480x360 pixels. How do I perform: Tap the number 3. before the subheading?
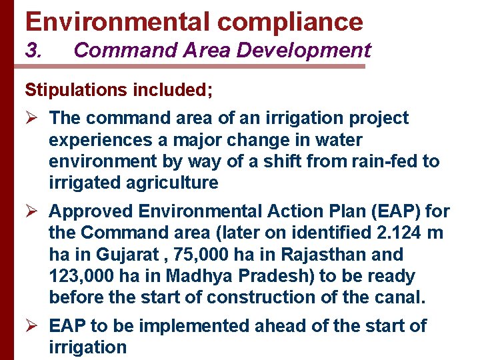34,50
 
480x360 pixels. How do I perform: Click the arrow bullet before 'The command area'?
31,119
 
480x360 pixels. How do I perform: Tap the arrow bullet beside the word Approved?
31,212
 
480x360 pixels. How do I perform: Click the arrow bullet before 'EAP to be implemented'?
31,326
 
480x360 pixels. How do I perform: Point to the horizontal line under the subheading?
193,66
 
